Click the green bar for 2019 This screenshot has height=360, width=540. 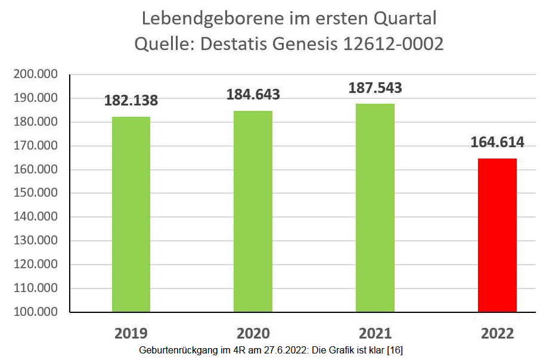coord(131,214)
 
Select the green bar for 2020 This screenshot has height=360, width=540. coord(253,211)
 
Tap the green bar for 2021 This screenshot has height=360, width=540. coord(375,207)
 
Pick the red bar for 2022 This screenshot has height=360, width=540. coord(497,235)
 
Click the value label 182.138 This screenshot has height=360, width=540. coord(131,100)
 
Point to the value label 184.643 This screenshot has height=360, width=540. coord(253,94)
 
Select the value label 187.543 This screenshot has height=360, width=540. coord(375,88)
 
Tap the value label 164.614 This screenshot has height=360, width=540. coord(497,142)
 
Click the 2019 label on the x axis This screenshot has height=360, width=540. coord(131,333)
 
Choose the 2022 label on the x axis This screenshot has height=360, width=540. coord(497,333)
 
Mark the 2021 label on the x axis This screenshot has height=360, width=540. coord(375,333)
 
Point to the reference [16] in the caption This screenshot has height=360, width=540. coord(395,350)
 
